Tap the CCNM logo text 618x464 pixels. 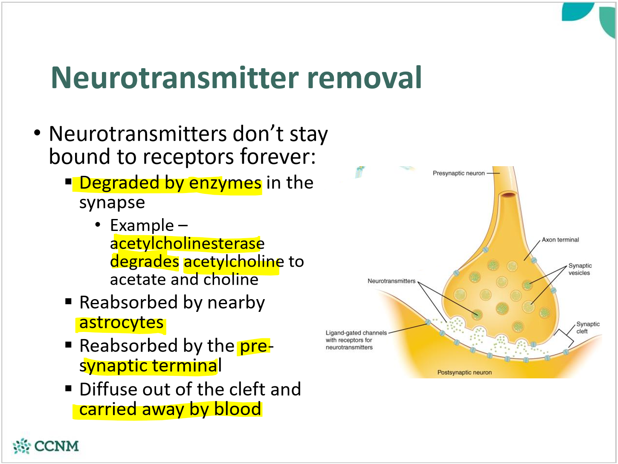pyautogui.click(x=56, y=446)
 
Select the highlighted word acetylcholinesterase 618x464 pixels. pyautogui.click(x=187, y=244)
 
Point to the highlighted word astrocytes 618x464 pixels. pyautogui.click(x=122, y=323)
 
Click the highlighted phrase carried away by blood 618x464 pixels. pyautogui.click(x=170, y=409)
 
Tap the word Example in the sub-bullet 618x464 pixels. pyautogui.click(x=142, y=225)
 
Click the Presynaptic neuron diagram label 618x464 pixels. pyautogui.click(x=458, y=173)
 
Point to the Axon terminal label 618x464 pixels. pyautogui.click(x=560, y=240)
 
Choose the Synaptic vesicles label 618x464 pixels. pyautogui.click(x=580, y=269)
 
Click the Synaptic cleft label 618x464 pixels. pyautogui.click(x=587, y=328)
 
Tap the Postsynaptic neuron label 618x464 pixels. pyautogui.click(x=464, y=372)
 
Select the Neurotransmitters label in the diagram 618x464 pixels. pyautogui.click(x=391, y=281)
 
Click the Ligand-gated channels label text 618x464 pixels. pyautogui.click(x=356, y=333)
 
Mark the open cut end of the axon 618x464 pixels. pyautogui.click(x=508, y=195)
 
